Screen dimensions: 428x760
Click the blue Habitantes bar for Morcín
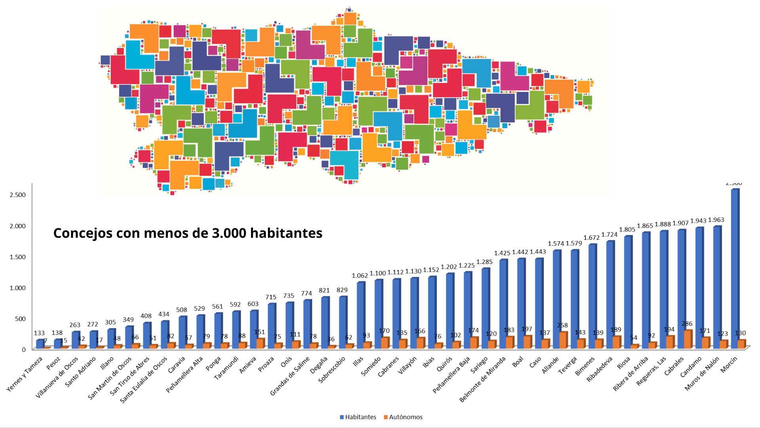[735, 269]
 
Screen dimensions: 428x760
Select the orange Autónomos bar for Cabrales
[688, 339]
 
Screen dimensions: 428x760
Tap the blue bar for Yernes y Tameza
[40, 344]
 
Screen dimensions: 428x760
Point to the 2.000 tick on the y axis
[17, 226]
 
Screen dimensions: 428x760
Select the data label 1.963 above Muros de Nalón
[716, 220]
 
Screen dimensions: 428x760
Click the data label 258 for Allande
[562, 325]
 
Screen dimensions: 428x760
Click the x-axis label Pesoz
[53, 363]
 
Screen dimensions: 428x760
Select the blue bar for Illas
[360, 315]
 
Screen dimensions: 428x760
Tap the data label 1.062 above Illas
[360, 275]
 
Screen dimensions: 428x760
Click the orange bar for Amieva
[260, 344]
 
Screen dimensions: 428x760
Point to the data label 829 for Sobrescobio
[342, 290]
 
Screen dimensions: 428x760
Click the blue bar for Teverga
[574, 299]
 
